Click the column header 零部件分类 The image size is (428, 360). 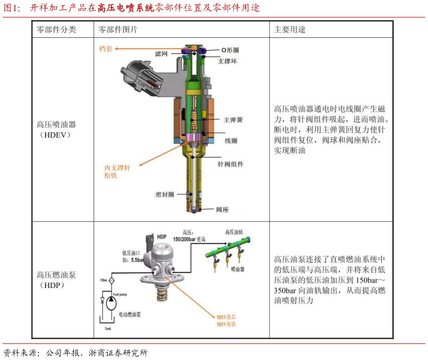(56, 30)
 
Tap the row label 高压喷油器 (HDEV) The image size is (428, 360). (56, 129)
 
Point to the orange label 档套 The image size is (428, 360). (106, 49)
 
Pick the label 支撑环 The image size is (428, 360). (227, 61)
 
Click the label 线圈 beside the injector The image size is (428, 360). (231, 140)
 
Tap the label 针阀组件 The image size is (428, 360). (231, 164)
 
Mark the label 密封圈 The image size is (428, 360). (164, 194)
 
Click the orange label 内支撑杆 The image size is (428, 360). (117, 168)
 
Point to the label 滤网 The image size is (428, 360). (161, 54)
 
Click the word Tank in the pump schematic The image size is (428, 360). (108, 328)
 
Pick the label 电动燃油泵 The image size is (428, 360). (130, 315)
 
